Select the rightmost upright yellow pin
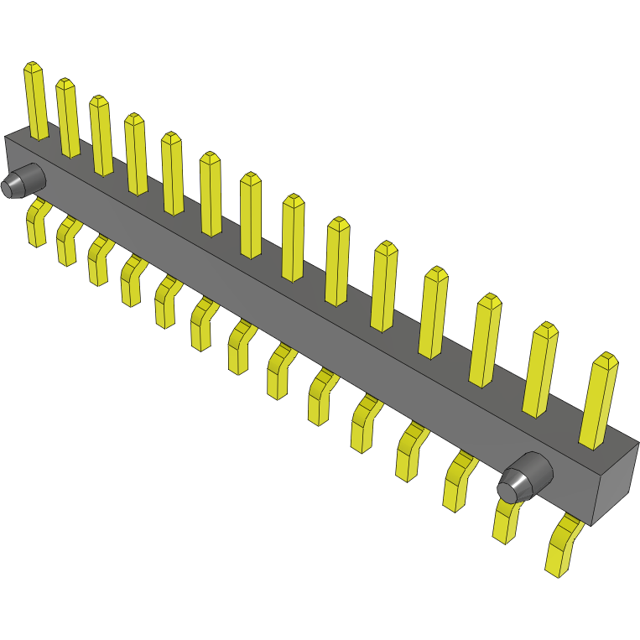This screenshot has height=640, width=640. click(599, 403)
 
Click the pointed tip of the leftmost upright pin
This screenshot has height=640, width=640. click(33, 65)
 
